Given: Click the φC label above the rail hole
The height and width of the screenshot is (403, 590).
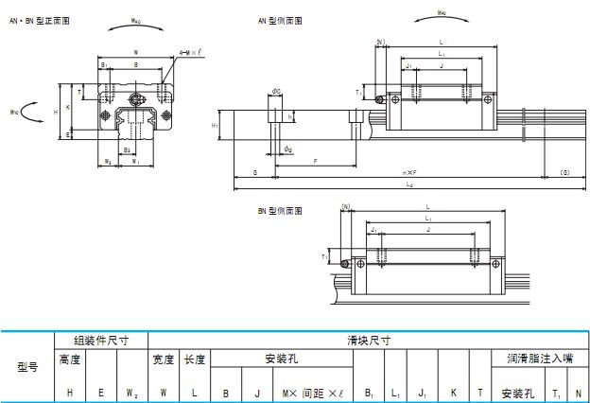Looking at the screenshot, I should (x=275, y=92).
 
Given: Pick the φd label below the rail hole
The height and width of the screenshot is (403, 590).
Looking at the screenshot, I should (x=287, y=149).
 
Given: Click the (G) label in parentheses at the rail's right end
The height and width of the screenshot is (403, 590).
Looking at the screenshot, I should (x=565, y=172).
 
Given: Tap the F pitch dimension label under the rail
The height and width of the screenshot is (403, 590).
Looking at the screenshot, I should (x=314, y=161).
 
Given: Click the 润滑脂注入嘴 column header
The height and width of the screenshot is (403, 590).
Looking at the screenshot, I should (x=540, y=359).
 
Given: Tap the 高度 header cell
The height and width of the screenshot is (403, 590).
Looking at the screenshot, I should (x=71, y=359).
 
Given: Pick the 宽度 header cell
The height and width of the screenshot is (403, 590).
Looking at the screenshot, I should (x=165, y=359).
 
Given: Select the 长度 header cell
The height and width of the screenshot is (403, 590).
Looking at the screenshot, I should (x=194, y=359).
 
